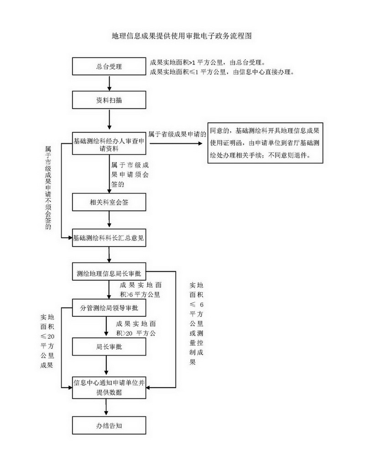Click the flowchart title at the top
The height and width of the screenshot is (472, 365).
pos(182,35)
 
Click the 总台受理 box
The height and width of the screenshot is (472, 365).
pos(109,67)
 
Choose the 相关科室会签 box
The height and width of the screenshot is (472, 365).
pos(109,202)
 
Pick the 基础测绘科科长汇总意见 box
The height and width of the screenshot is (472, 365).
pos(109,238)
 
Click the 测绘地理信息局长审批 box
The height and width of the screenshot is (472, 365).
pos(109,273)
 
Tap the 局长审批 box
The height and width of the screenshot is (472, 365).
pos(109,347)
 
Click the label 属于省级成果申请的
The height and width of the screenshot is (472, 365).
pos(177,134)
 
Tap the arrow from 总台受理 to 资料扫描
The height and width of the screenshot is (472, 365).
pos(109,83)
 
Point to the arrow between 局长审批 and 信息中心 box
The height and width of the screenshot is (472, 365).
pos(107,366)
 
